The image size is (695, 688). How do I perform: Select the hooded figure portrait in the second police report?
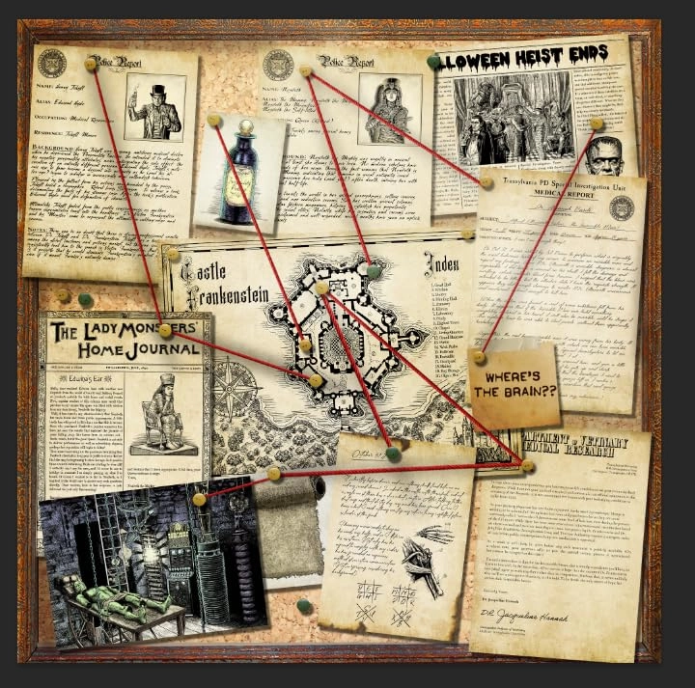[x=388, y=107]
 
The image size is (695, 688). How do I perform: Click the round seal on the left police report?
[x=52, y=64]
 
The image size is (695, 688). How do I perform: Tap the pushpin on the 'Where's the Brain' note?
[x=479, y=358]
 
